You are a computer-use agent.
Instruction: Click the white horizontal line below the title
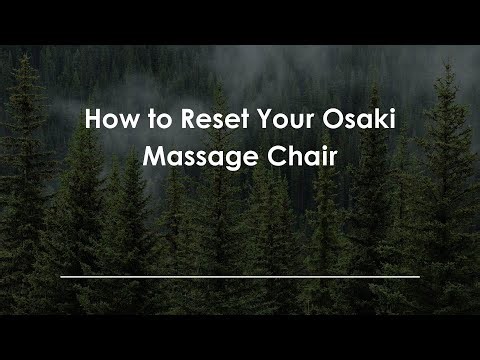240,276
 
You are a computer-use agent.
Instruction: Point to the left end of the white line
62,276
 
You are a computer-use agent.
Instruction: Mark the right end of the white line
418,276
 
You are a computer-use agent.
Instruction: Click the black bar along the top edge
240,21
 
